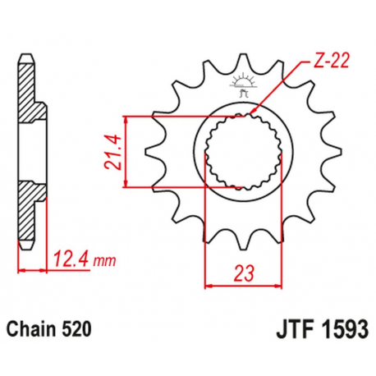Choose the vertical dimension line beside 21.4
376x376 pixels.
[126, 153]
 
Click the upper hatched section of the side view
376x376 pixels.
[30, 105]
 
